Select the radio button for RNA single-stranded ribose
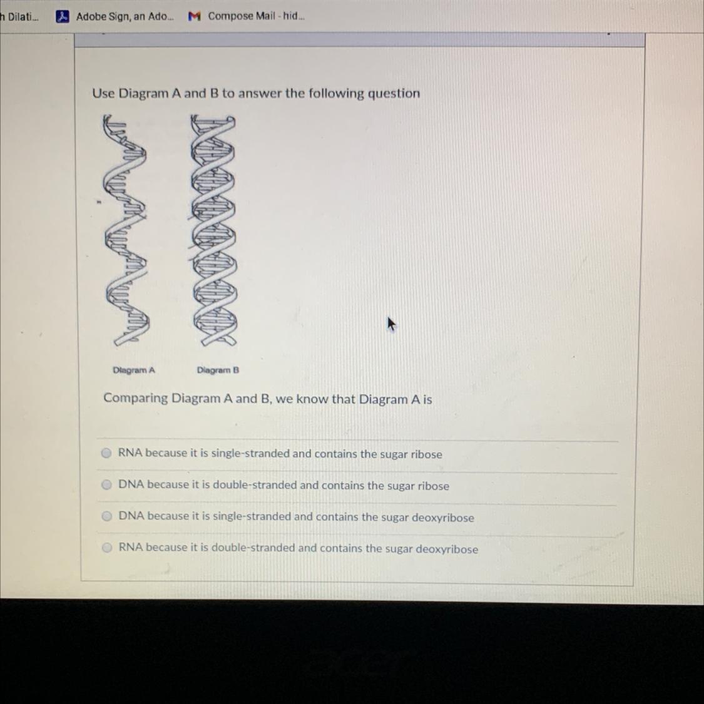tap(106, 453)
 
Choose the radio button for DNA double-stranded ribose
tap(106, 484)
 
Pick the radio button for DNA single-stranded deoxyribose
tap(107, 516)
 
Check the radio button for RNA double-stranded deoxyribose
tap(107, 548)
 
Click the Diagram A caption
tap(134, 370)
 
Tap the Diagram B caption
tap(218, 370)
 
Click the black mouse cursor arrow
tap(392, 324)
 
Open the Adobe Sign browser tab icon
tap(63, 17)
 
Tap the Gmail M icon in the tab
tap(194, 17)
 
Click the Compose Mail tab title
tap(256, 16)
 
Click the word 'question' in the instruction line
tap(394, 94)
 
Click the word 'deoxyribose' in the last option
tap(447, 549)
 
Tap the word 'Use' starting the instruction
tap(103, 93)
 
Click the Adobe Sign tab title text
tap(125, 17)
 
